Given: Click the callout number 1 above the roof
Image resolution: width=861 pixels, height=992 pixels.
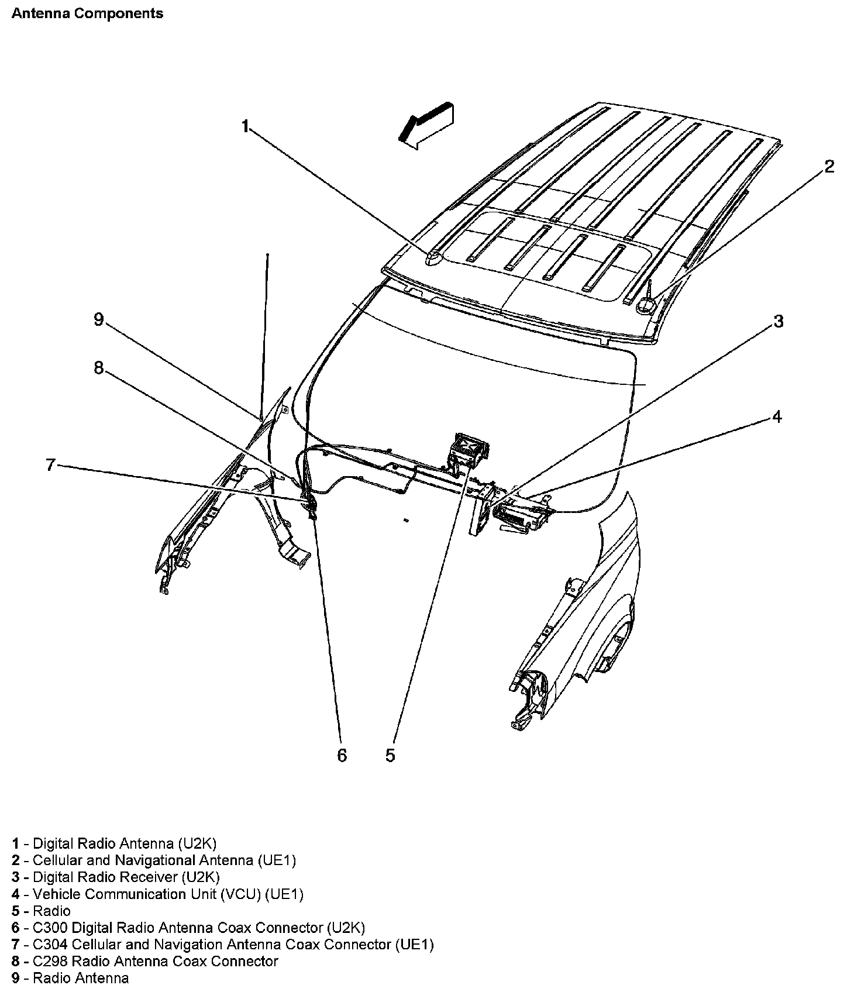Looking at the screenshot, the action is pos(246,126).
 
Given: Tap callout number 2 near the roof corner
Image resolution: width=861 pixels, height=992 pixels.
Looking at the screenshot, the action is pos(829,167).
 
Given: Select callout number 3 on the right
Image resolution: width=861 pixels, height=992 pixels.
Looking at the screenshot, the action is pos(778,321).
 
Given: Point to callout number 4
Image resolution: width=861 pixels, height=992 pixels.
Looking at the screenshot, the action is pos(777,417).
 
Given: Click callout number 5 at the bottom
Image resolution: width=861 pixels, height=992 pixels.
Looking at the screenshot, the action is pos(390,755).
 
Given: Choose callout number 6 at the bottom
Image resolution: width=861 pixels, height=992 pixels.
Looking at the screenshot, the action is pos(342,755).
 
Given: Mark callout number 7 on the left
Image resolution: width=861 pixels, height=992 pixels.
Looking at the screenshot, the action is pos(50,465).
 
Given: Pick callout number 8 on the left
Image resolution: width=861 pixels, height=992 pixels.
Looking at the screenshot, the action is pos(98,367).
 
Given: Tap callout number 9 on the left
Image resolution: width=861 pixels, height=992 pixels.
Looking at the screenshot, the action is pos(98,319).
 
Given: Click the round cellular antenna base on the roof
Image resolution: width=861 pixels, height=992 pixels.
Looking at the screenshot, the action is pos(647,304).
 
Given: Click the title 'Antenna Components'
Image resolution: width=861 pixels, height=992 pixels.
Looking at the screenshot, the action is pos(88,13).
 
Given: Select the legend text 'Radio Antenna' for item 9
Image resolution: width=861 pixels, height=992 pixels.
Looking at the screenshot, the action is pos(81,978).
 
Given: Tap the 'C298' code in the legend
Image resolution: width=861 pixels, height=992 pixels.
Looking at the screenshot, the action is pos(50,961).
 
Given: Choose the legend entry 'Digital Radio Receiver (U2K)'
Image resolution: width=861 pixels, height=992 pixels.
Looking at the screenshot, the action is pos(126,877).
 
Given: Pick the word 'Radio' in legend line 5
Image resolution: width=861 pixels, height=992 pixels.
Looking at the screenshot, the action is pos(51,911).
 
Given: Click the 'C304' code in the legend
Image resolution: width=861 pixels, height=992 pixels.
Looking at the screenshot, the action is pos(50,944).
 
